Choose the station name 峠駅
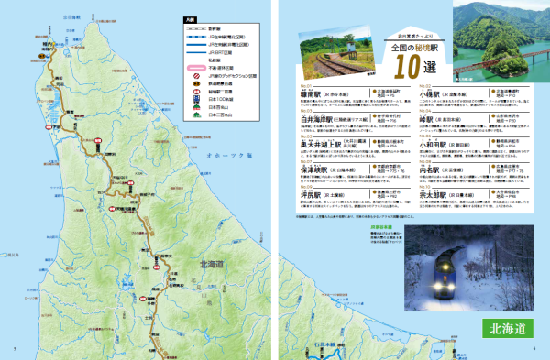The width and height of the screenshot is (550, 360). click(426, 118)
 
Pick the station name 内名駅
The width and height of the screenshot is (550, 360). click(431, 169)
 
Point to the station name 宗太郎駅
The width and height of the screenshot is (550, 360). click(434, 194)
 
